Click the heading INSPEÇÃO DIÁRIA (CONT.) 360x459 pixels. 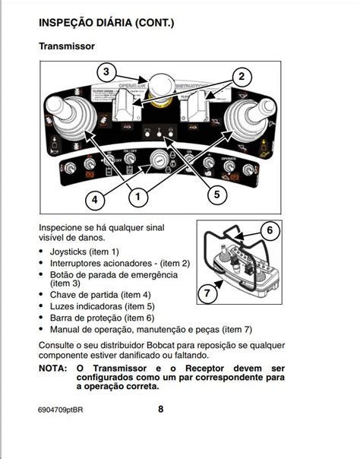click(x=106, y=24)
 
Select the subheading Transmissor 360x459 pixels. click(x=67, y=47)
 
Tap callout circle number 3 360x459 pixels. click(x=106, y=73)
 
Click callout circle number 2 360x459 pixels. click(x=242, y=76)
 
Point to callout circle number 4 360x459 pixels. click(x=94, y=201)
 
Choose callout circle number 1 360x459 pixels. click(x=137, y=198)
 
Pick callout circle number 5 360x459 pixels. click(x=216, y=195)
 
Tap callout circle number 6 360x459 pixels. click(x=269, y=230)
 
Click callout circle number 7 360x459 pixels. click(x=206, y=292)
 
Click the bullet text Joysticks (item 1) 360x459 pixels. click(x=84, y=252)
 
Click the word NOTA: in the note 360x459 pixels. click(x=54, y=368)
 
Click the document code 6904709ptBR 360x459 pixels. click(x=65, y=410)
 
